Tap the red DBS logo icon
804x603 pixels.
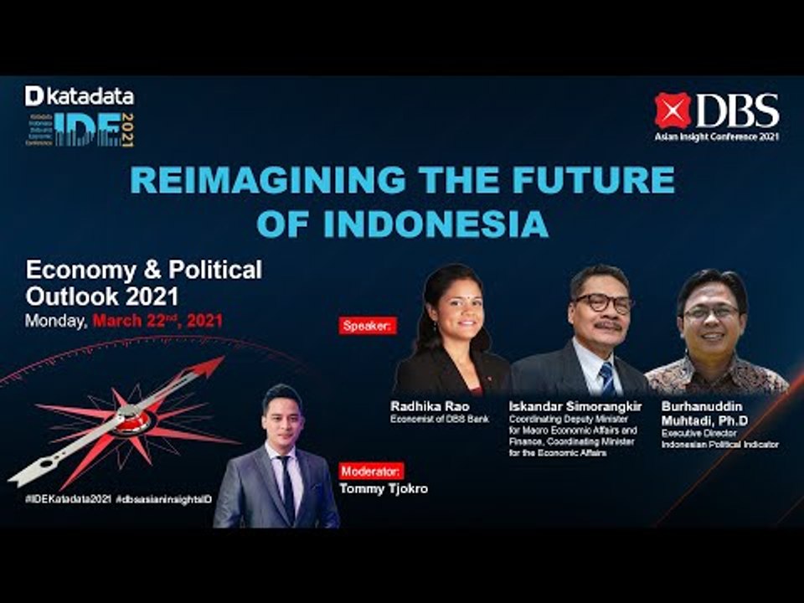[x=673, y=110]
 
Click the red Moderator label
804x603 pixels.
[x=372, y=471]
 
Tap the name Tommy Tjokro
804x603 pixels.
[x=384, y=488]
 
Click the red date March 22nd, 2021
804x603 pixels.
[x=157, y=320]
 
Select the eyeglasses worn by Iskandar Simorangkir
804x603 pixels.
[x=602, y=303]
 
